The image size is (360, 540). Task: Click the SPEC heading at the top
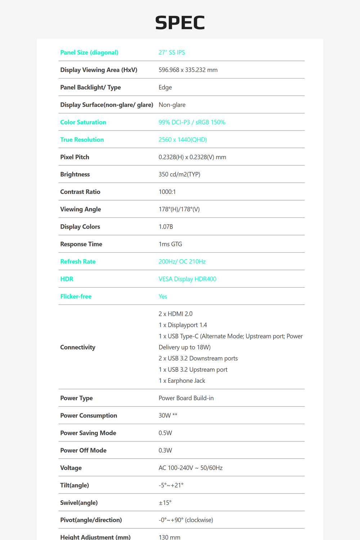pos(180,23)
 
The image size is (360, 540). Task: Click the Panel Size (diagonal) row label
pos(89,53)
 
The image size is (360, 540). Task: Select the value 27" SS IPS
pos(172,53)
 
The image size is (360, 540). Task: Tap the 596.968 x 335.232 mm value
pos(188,70)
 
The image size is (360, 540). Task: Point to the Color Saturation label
pos(83,122)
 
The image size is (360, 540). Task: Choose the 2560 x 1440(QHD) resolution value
pos(183,140)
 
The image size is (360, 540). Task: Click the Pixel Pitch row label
pos(75,157)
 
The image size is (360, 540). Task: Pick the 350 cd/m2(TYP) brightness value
pos(179,175)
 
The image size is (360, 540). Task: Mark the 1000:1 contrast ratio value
pos(167,192)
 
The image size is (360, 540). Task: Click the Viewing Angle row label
pos(80,210)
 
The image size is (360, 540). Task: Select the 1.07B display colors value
pos(166,227)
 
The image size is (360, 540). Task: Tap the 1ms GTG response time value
pos(170,244)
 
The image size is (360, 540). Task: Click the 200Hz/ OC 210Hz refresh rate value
pos(182,262)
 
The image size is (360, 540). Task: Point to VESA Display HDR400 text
pos(187,279)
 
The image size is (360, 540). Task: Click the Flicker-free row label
pos(76,297)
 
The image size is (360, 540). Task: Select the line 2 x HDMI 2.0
pos(175,314)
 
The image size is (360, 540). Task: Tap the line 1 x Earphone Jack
pos(182,381)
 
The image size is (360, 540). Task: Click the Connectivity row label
pos(78,347)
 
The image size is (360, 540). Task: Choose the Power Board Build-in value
pos(186,398)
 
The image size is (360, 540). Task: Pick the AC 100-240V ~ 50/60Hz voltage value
pos(190,468)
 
